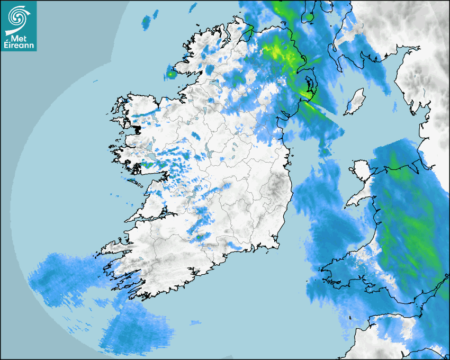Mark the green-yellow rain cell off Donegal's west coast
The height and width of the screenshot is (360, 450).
tap(171, 74)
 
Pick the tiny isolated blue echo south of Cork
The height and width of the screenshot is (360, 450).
tap(196, 322)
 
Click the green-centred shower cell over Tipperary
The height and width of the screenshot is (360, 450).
tap(199, 237)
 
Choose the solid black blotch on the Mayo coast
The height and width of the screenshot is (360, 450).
tap(138, 129)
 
